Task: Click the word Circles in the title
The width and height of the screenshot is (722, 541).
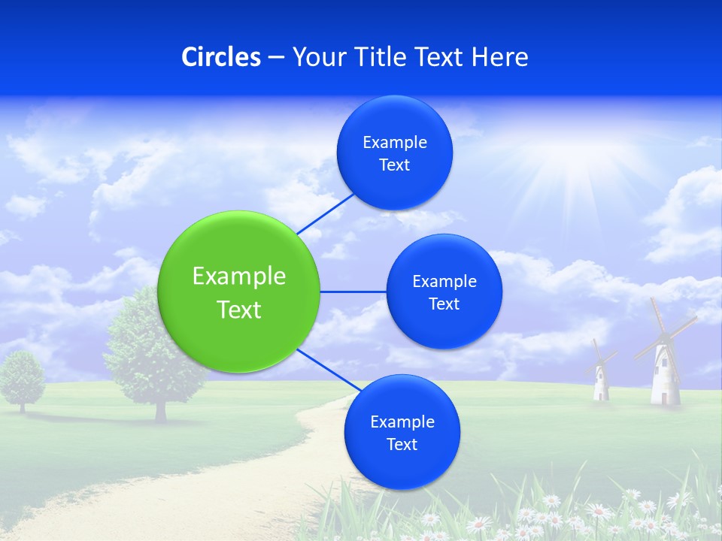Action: click(221, 57)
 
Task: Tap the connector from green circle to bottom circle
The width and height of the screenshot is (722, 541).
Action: click(329, 370)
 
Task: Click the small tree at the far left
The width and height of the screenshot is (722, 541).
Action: click(21, 380)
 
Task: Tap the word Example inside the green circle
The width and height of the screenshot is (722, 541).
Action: click(239, 277)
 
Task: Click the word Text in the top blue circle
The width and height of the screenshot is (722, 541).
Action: click(395, 165)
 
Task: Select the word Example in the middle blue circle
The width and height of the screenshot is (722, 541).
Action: click(444, 282)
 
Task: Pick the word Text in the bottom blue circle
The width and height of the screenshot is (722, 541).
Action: click(402, 445)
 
